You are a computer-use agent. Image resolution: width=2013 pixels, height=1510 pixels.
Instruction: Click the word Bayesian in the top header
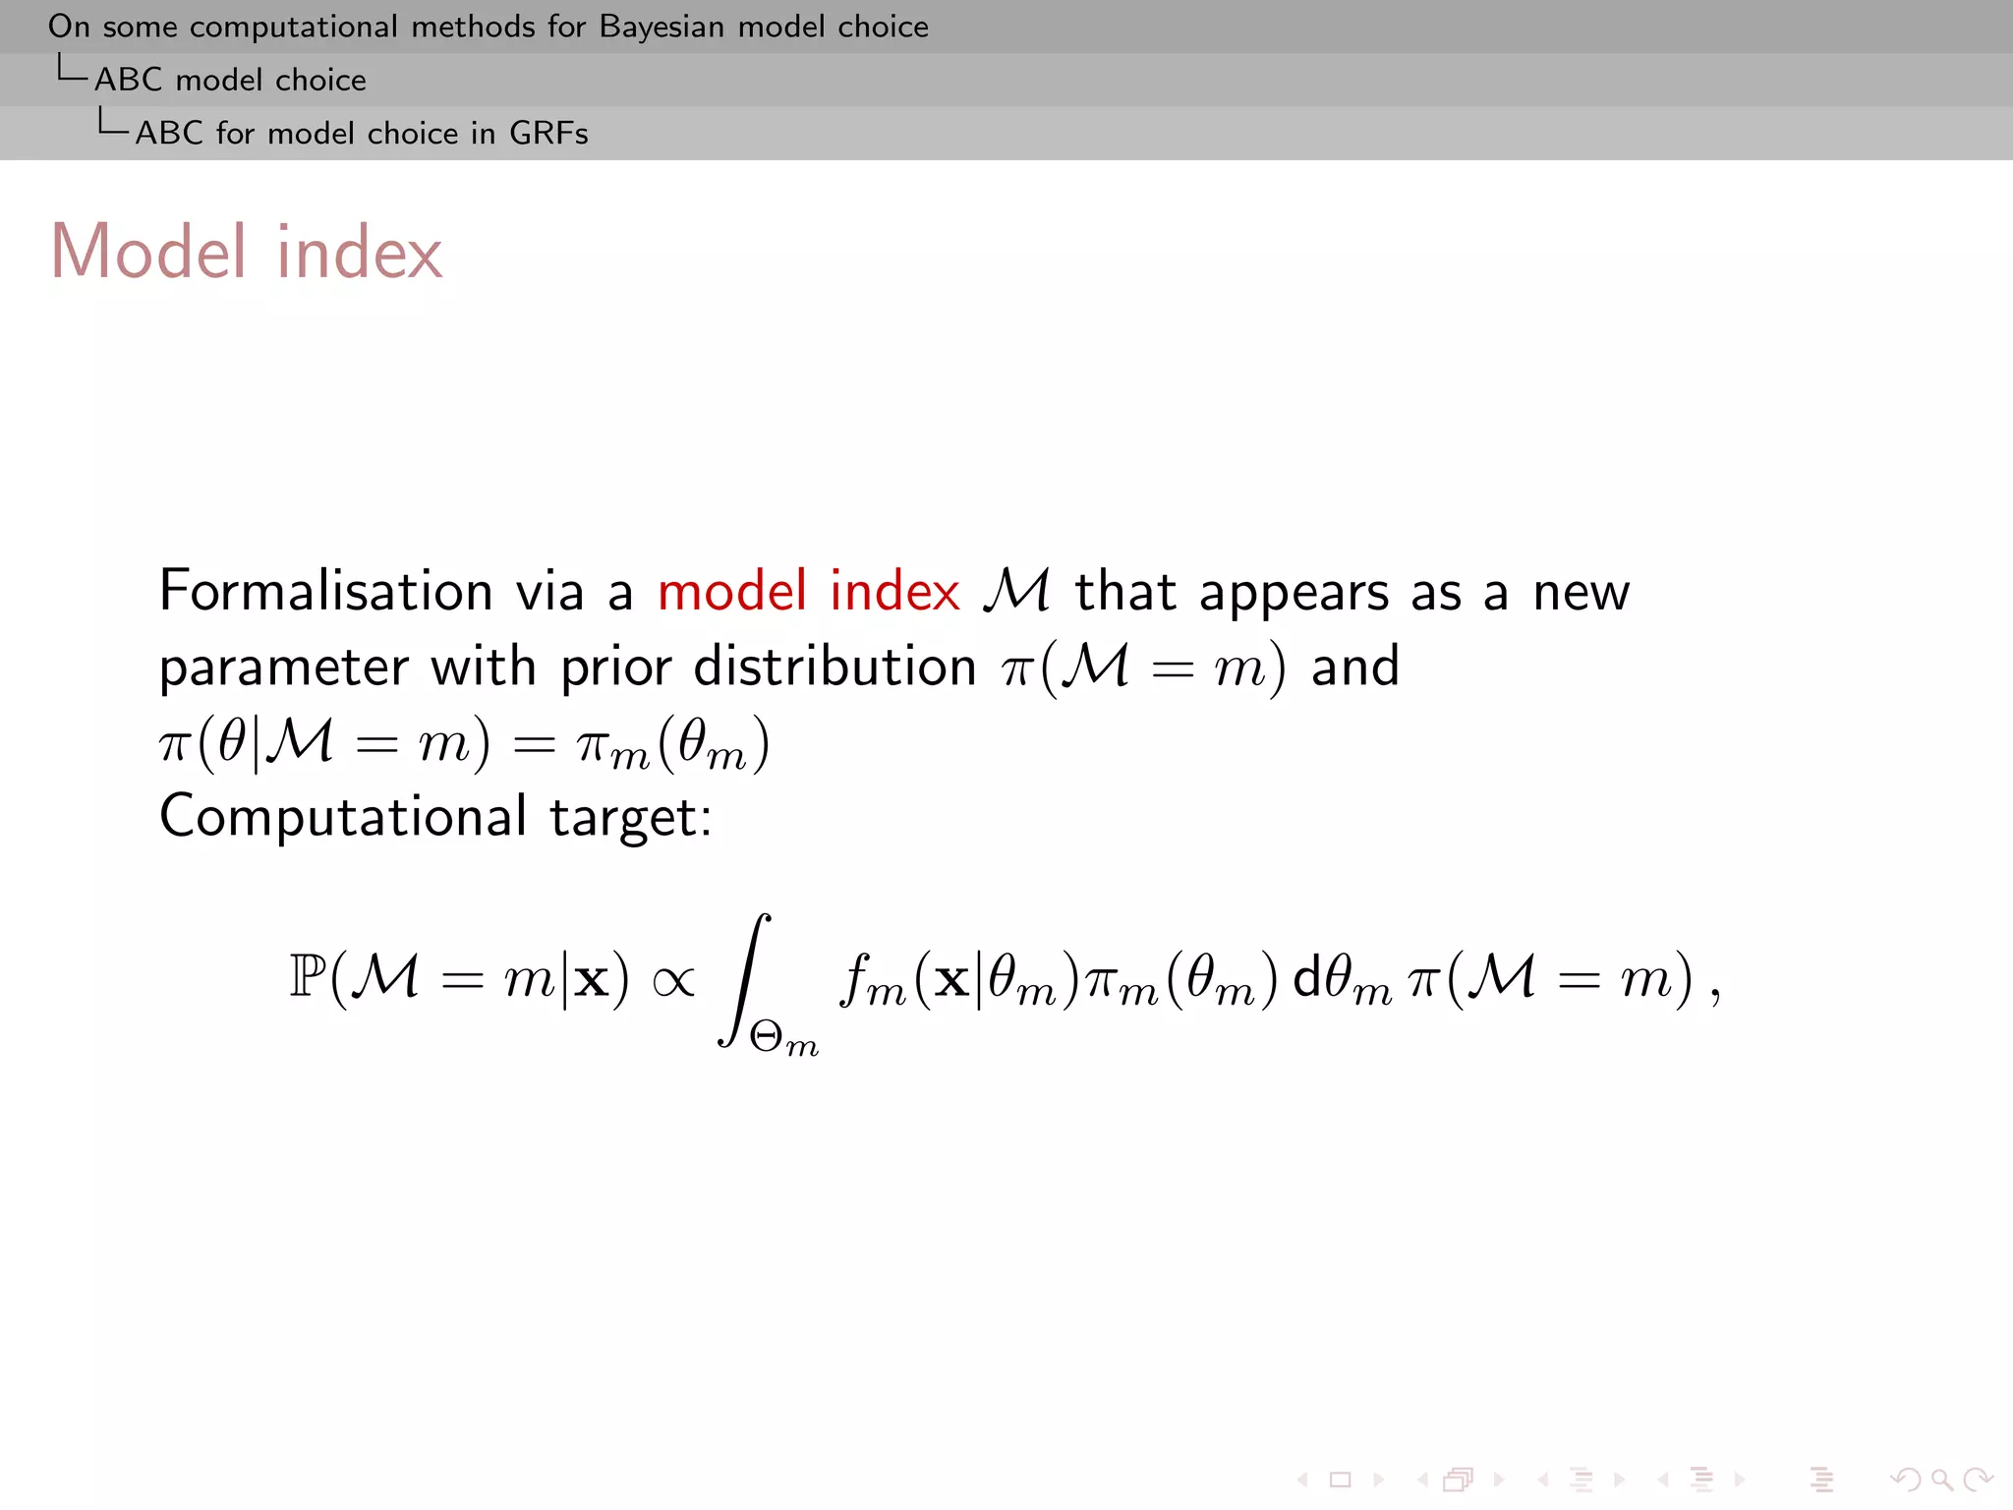[663, 28]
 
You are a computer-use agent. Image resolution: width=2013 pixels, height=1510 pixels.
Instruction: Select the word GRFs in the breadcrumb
[548, 133]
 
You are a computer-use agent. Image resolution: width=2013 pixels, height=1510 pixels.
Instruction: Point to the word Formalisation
[325, 592]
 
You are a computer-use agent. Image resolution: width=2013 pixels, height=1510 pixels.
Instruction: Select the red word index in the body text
[894, 592]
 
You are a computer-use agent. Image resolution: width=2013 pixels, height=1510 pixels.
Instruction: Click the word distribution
[834, 667]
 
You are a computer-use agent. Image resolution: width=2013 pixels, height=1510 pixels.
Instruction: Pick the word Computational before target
[343, 817]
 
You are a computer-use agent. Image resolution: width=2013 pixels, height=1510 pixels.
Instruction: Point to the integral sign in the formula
[744, 979]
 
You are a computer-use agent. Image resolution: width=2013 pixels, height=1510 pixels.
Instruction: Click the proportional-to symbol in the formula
[673, 980]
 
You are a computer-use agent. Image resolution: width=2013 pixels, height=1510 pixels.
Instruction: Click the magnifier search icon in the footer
[1941, 1479]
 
